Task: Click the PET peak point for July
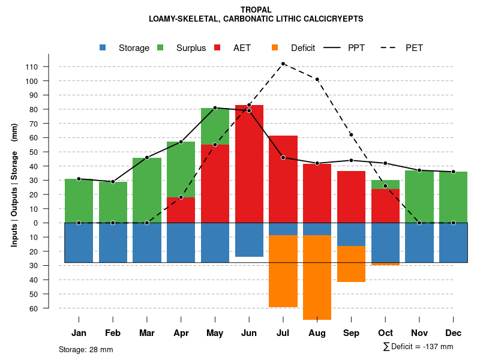pos(283,64)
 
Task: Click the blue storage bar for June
pos(249,239)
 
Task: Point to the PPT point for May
pos(215,108)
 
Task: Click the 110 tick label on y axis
pos(32,67)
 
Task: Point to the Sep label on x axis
pos(352,333)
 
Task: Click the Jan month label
pos(79,333)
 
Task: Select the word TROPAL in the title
pos(256,10)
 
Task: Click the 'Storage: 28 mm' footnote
pos(86,349)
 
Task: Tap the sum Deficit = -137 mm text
pos(418,347)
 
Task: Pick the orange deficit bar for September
pos(352,264)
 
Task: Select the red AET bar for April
pos(181,210)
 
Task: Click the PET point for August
pos(317,79)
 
